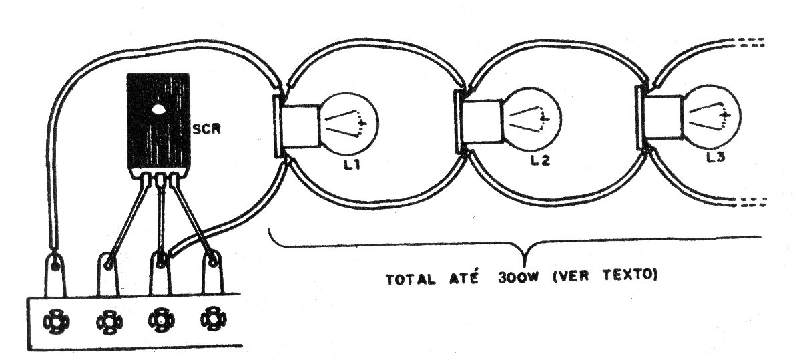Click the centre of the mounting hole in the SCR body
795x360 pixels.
tap(158, 108)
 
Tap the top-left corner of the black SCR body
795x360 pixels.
tap(127, 74)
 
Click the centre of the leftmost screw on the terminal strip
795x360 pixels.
tap(55, 322)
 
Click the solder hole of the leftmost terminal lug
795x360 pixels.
tap(55, 264)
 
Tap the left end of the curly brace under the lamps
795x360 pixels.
tap(269, 230)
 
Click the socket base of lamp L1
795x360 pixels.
tap(300, 126)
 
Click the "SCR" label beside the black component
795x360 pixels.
tap(207, 129)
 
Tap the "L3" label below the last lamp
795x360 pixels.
tap(716, 157)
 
